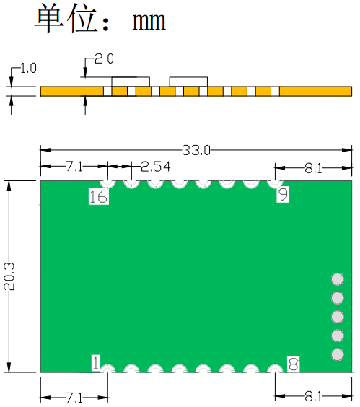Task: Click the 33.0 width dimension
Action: click(196, 150)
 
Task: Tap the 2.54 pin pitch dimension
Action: click(156, 167)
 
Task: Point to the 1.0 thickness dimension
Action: click(28, 69)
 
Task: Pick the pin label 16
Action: click(98, 196)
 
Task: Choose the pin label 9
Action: click(283, 194)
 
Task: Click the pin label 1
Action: click(96, 362)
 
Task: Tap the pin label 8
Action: click(293, 364)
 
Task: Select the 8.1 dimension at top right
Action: click(313, 168)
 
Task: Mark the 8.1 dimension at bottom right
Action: click(313, 396)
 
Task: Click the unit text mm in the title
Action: click(149, 22)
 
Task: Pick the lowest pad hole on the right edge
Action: click(337, 354)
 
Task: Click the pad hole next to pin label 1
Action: click(108, 370)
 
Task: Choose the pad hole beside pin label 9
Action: click(274, 182)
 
